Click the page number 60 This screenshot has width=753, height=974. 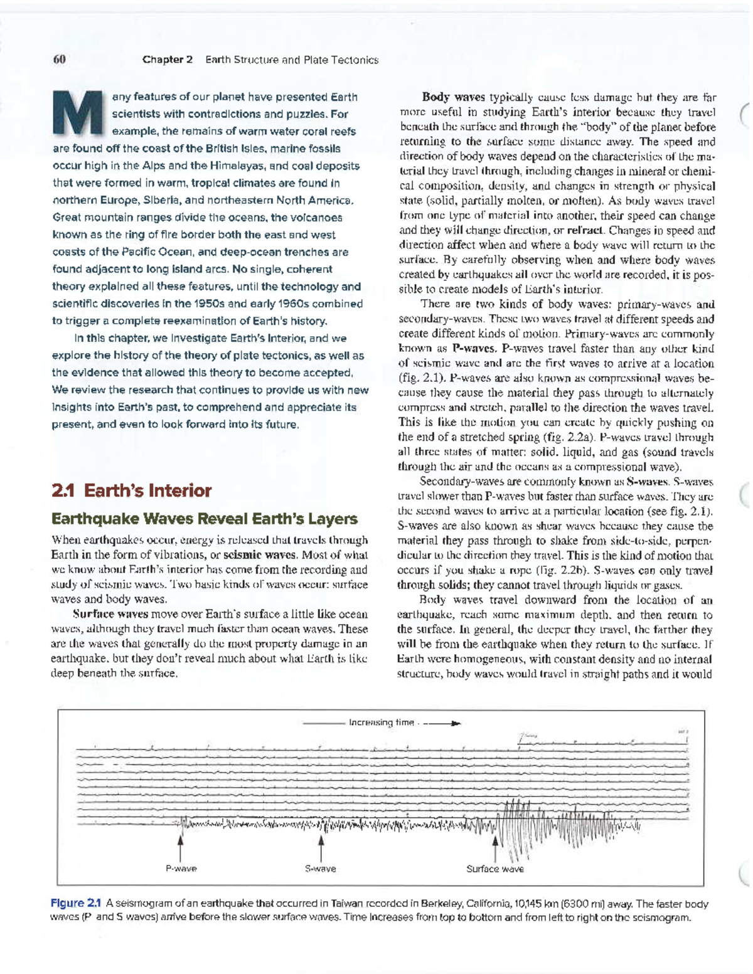pos(59,60)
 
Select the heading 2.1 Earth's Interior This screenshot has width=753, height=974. pos(131,490)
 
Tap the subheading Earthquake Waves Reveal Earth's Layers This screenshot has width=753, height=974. pos(204,519)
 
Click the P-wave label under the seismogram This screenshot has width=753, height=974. pos(181,869)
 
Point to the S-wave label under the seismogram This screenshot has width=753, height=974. pos(321,869)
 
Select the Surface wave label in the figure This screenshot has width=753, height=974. pos(494,869)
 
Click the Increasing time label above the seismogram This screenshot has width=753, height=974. pos(381,723)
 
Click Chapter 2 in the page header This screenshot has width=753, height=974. pos(167,60)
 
